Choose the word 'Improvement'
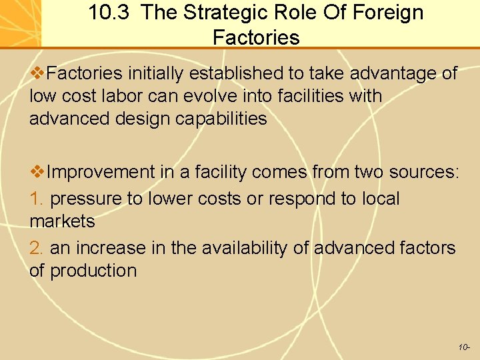[101, 172]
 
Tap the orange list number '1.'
[37, 199]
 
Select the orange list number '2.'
[37, 248]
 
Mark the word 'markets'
[62, 221]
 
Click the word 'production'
[93, 271]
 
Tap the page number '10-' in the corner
[464, 347]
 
